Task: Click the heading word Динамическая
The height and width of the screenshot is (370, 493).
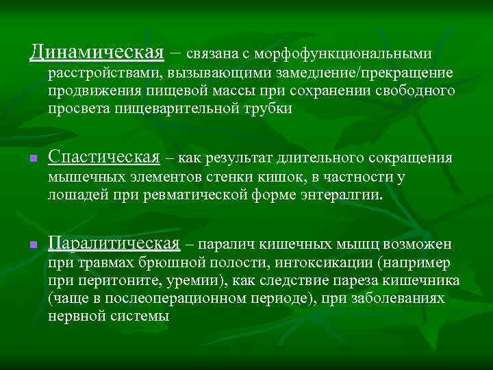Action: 97,52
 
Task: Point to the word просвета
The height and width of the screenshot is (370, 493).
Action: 75,109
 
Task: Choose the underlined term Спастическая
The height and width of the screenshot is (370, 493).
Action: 104,158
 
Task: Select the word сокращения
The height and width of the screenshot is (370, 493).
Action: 412,158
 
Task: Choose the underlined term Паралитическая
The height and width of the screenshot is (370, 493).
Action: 114,244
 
